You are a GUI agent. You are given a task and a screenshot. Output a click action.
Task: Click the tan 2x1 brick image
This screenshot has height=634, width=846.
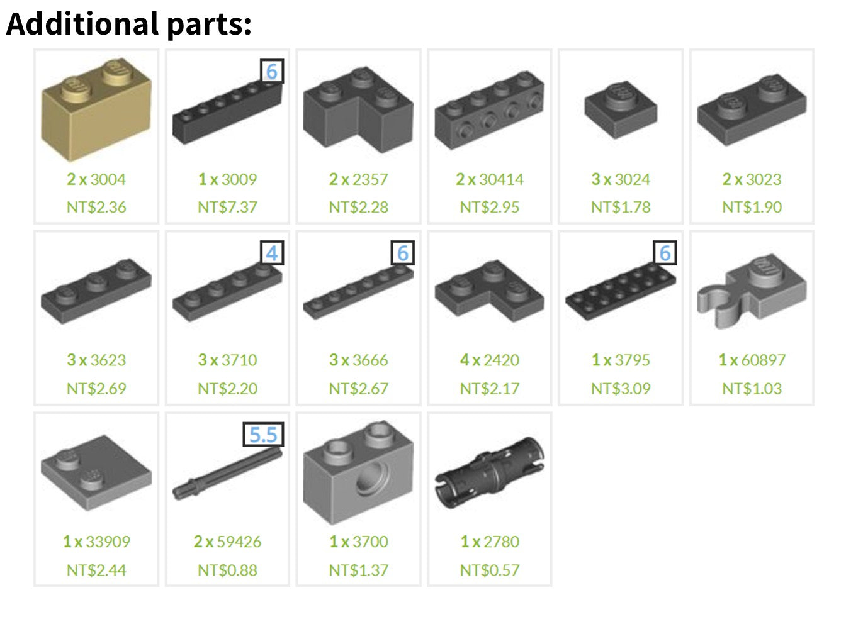point(96,109)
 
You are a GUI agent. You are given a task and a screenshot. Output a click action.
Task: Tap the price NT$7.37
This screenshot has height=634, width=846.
point(227,207)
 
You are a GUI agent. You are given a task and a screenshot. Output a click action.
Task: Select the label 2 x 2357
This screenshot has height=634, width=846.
point(358,179)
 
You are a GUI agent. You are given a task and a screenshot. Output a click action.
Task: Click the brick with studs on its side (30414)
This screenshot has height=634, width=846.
point(490,110)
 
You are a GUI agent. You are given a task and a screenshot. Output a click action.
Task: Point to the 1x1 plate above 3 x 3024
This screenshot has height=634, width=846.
point(621,109)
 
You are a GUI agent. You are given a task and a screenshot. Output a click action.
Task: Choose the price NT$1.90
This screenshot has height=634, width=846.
point(752,207)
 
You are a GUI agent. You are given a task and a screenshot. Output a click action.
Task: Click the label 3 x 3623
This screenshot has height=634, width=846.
point(96,360)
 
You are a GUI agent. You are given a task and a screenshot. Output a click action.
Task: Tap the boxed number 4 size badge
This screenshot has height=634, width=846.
point(272,253)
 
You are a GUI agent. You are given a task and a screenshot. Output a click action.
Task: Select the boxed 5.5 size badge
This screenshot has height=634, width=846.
point(263,434)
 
